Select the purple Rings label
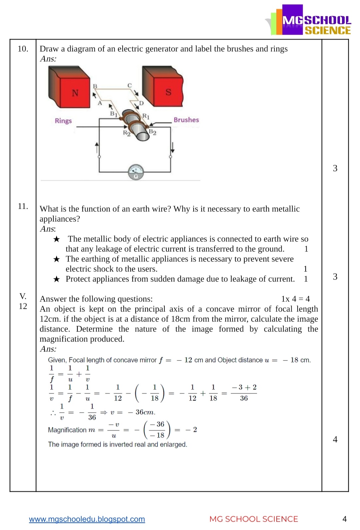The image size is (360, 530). [x=63, y=121]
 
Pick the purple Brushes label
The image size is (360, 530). [x=186, y=120]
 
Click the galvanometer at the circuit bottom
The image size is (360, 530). [x=136, y=172]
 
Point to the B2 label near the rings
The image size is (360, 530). [x=153, y=132]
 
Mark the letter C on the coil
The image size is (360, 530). [x=130, y=86]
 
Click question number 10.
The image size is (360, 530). [x=23, y=49]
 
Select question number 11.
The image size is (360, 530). [x=23, y=206]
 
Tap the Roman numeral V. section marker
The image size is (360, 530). [x=23, y=296]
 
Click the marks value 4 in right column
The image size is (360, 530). [x=335, y=439]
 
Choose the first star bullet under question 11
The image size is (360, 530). [x=57, y=239]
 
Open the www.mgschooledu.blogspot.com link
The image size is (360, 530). [x=87, y=519]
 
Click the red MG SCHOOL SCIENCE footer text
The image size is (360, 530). [x=253, y=519]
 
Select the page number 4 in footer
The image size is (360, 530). [x=344, y=519]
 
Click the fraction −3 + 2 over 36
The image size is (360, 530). [x=244, y=393]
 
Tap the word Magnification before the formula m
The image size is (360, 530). [x=67, y=430]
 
